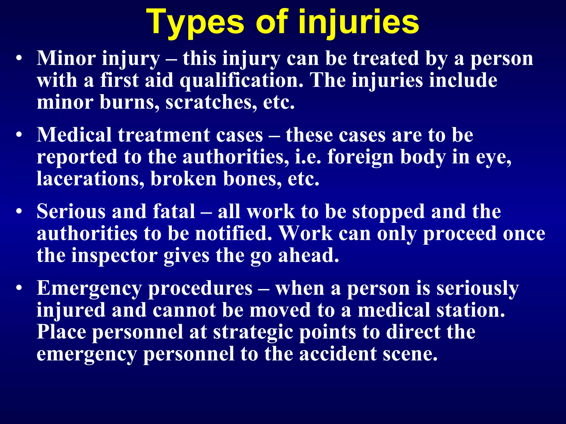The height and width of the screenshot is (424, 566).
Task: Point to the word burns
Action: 129,102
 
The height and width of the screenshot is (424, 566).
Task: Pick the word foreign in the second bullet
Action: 360,157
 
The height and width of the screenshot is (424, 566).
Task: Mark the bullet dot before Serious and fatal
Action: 19,212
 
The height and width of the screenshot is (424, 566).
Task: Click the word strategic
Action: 253,332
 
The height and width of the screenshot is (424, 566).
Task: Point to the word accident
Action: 338,354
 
